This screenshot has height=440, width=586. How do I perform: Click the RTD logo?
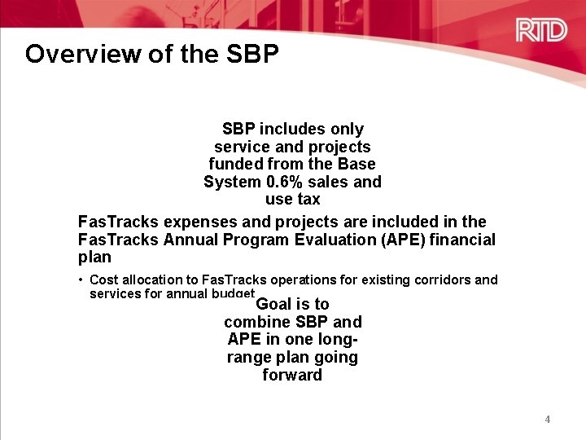(540, 32)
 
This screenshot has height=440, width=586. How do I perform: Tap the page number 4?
(548, 420)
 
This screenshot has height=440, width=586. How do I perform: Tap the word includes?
(293, 129)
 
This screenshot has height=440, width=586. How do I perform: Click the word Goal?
(274, 304)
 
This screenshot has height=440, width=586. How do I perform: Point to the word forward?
(292, 376)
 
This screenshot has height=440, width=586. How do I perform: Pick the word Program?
(252, 240)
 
